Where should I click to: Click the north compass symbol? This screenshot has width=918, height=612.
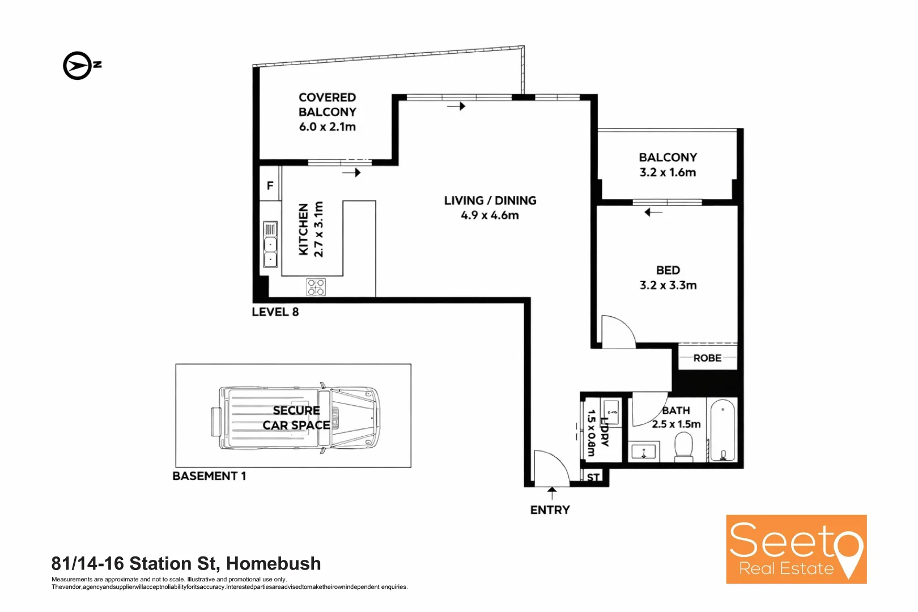(78, 66)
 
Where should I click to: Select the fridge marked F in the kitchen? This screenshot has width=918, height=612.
(270, 185)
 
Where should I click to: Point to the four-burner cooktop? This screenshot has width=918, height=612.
(316, 287)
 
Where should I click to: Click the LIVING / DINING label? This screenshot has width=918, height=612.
(490, 201)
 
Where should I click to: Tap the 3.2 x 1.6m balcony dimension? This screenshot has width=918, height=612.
(668, 172)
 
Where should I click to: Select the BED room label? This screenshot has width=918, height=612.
(668, 270)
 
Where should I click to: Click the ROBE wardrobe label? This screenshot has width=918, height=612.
(707, 358)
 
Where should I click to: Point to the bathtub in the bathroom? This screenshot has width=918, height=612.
(722, 430)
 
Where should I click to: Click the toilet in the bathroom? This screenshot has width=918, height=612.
(684, 447)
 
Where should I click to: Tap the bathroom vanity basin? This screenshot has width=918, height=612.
(643, 452)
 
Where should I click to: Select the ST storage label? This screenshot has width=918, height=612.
(593, 477)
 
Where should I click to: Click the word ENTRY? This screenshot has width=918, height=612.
(550, 510)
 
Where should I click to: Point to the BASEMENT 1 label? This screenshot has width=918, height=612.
(209, 476)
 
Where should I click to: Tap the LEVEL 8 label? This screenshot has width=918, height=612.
(275, 312)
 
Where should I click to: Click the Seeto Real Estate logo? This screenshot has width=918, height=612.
(796, 549)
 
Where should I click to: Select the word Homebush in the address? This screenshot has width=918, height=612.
(273, 563)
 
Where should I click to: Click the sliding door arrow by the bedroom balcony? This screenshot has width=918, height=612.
(653, 212)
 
